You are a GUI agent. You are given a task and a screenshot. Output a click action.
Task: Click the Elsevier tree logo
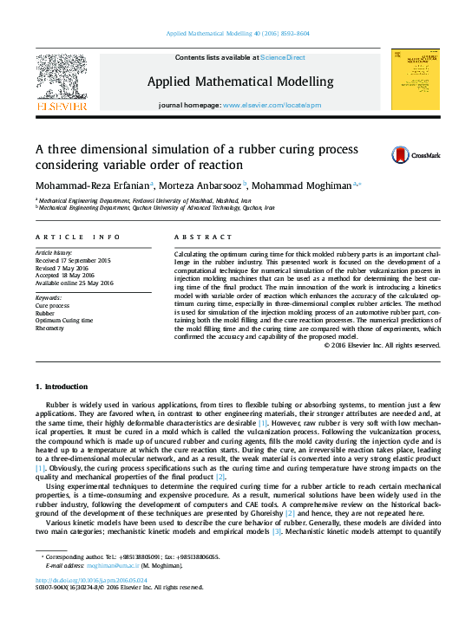click(x=61, y=82)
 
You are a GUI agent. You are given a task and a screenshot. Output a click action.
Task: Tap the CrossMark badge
click(x=402, y=155)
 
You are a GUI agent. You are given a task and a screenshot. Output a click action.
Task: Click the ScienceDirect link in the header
click(x=283, y=57)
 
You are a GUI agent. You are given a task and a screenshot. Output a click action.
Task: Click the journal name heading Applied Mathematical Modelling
click(x=239, y=81)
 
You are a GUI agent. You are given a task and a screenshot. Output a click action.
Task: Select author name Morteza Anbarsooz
click(x=202, y=185)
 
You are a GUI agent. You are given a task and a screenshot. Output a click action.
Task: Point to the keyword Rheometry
click(x=50, y=328)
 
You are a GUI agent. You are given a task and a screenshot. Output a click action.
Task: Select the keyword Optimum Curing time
click(x=65, y=321)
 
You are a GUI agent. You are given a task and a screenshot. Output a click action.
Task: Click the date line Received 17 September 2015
click(x=73, y=260)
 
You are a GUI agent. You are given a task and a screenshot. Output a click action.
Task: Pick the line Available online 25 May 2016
click(x=75, y=283)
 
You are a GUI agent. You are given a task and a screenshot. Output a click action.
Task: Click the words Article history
click(x=54, y=252)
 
